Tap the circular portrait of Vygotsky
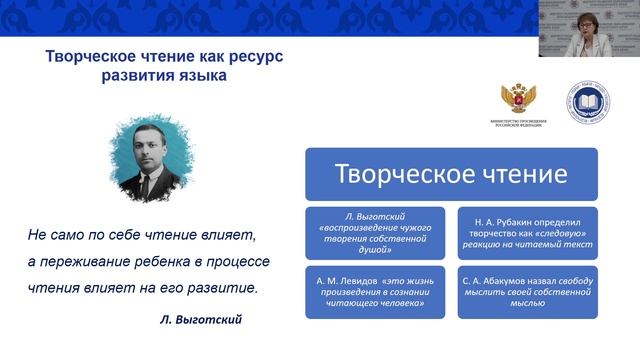[x=144, y=162]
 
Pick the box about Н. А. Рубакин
[x=526, y=232]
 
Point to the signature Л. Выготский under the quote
[x=201, y=321]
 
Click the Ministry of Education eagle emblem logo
[x=519, y=102]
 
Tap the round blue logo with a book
[x=589, y=103]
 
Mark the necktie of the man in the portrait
[x=143, y=181]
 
